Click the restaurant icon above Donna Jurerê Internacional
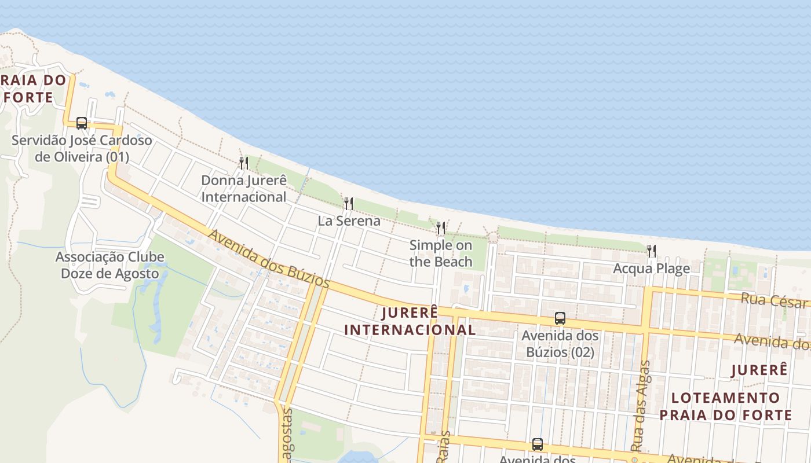pos(244,163)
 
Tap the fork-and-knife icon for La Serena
pos(348,203)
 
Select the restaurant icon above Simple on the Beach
pos(441,227)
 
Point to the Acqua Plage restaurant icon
pos(652,251)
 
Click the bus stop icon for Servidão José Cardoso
pos(82,123)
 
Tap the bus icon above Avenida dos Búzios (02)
pos(560,318)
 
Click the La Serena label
pos(349,221)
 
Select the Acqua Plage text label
pos(651,269)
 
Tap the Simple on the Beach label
pos(441,253)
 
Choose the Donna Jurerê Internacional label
pos(244,189)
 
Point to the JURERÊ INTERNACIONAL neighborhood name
pos(410,321)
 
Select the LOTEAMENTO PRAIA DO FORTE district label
pos(725,406)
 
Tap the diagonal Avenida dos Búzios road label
pos(269,259)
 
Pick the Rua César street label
pos(775,300)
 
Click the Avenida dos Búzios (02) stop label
pos(560,344)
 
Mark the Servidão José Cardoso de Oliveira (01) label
pos(82,148)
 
